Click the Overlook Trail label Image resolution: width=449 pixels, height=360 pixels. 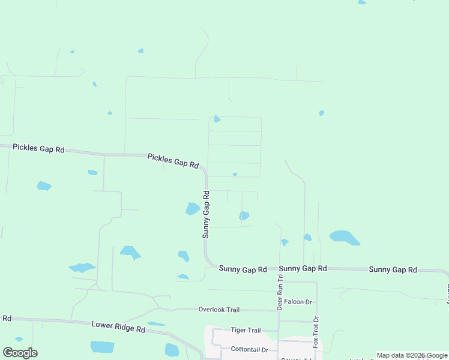(219, 310)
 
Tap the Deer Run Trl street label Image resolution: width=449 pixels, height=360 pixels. (280, 292)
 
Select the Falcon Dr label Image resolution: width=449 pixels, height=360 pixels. (298, 302)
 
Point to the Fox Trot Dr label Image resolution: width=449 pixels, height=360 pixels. (316, 332)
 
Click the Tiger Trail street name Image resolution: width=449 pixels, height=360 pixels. (246, 330)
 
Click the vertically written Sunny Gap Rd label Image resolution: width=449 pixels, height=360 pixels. (206, 214)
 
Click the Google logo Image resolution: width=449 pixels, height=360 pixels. (20, 353)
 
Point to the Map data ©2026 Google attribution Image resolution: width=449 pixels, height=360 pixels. (412, 355)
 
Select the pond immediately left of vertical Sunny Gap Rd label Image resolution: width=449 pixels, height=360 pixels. (193, 209)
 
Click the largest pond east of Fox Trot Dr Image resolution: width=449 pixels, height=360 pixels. (344, 237)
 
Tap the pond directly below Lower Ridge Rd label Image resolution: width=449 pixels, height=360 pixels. (102, 347)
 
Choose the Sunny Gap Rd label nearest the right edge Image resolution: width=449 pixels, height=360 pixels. (393, 270)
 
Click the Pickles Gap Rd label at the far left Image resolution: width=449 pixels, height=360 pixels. (38, 148)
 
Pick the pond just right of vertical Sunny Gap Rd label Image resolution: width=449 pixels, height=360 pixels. (244, 216)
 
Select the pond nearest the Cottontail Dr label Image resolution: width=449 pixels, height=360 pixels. (172, 350)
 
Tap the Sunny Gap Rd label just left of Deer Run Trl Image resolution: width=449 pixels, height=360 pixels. (243, 270)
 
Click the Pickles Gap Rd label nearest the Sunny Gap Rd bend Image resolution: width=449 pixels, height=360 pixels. (173, 161)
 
